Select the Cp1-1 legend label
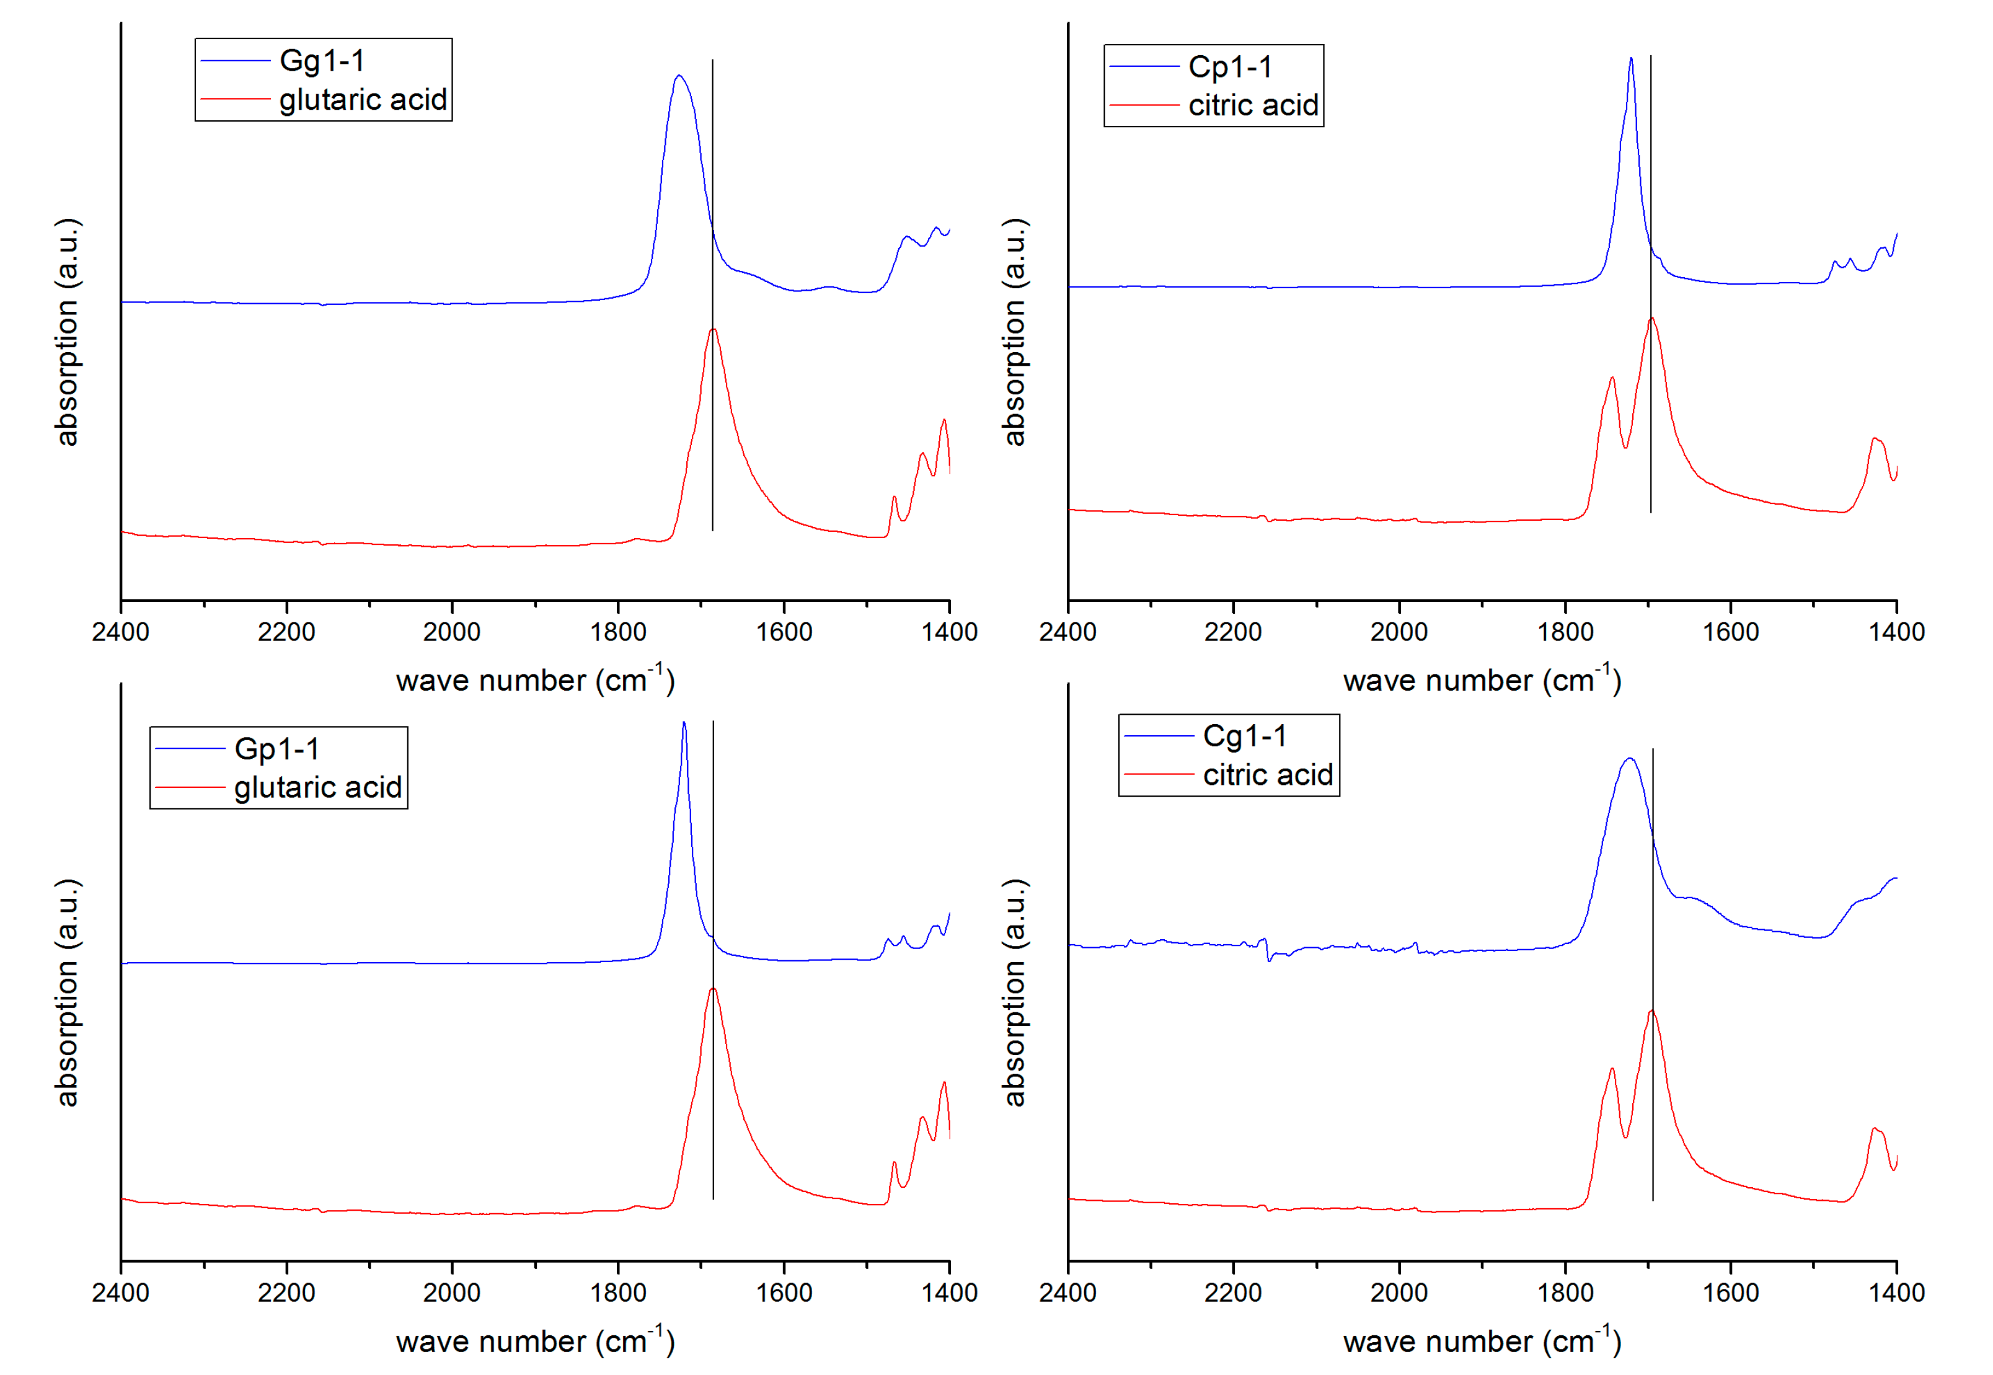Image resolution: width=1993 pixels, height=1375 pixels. pyautogui.click(x=1230, y=67)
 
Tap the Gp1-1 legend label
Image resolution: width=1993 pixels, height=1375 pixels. pyautogui.click(x=276, y=749)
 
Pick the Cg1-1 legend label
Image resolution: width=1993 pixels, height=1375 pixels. pyautogui.click(x=1245, y=736)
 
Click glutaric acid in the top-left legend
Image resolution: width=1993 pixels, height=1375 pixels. pyautogui.click(x=363, y=100)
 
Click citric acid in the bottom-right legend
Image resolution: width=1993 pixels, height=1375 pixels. pyautogui.click(x=1268, y=776)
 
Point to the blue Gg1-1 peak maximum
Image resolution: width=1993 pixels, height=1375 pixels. pyautogui.click(x=679, y=76)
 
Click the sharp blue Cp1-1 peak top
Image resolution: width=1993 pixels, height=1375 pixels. pyautogui.click(x=1630, y=59)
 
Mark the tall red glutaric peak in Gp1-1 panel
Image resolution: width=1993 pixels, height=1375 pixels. pyautogui.click(x=713, y=989)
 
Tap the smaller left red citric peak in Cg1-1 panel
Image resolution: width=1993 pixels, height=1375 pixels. pyautogui.click(x=1612, y=1069)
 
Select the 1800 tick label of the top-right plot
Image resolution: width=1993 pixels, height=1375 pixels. pyautogui.click(x=1565, y=632)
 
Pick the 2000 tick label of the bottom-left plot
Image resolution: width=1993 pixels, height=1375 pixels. pyautogui.click(x=451, y=1293)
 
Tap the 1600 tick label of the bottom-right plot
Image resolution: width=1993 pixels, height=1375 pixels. pyautogui.click(x=1730, y=1293)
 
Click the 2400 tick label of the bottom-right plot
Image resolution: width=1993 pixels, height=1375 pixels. pyautogui.click(x=1068, y=1293)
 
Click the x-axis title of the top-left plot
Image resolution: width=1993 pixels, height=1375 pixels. pyautogui.click(x=535, y=681)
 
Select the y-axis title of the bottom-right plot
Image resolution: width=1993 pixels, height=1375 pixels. pyautogui.click(x=1015, y=993)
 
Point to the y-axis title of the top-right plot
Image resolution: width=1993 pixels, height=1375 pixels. pyautogui.click(x=1015, y=332)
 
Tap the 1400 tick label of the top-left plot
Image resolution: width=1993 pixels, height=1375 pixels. pyautogui.click(x=949, y=632)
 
